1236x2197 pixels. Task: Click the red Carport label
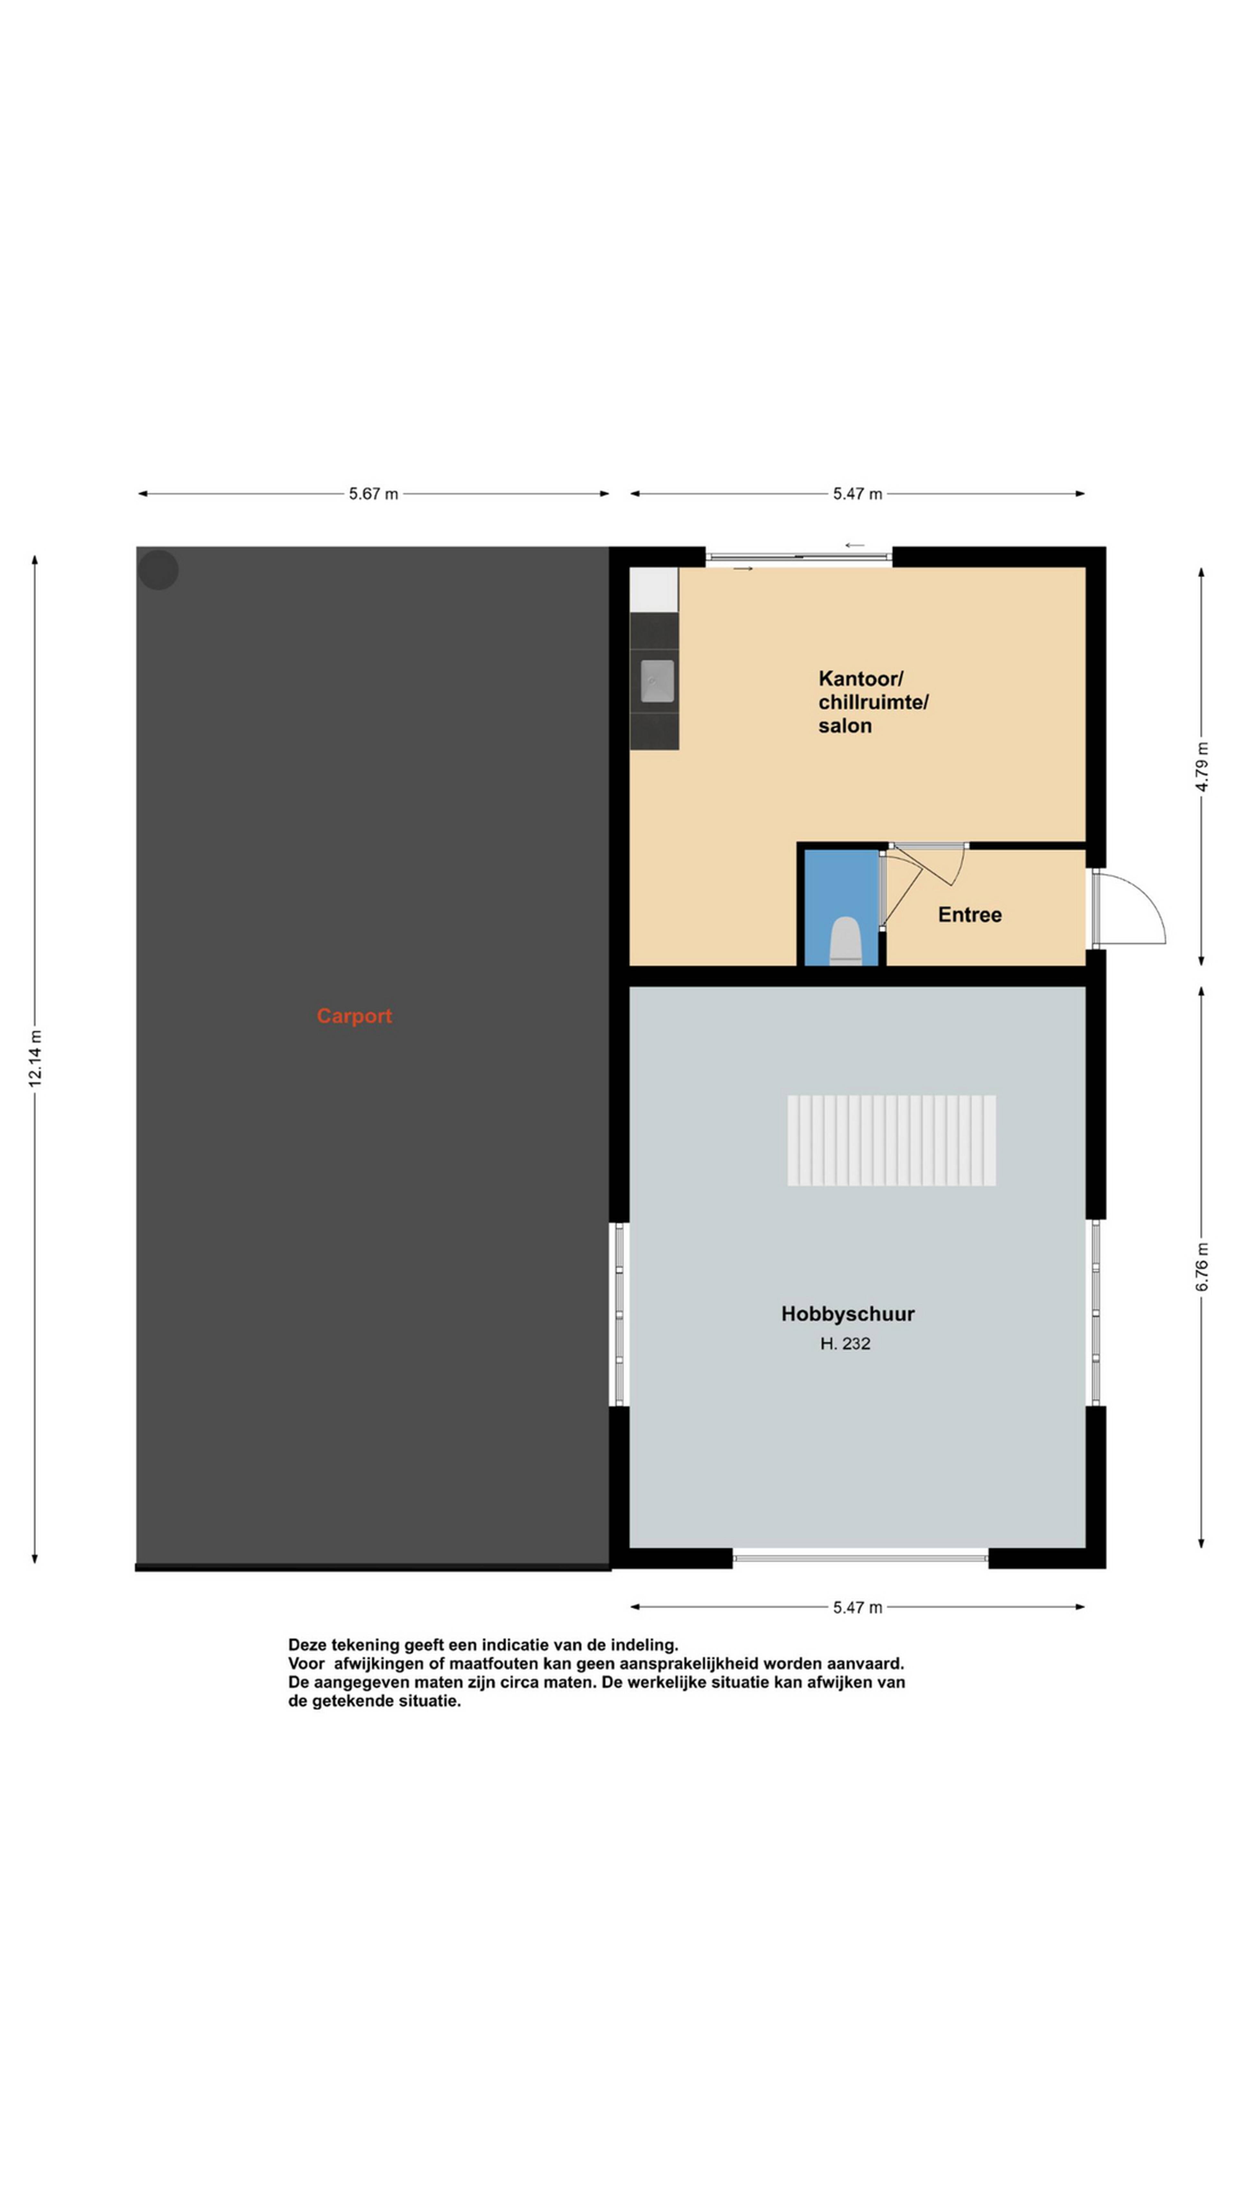(354, 1016)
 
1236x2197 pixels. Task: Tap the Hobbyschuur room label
(848, 1314)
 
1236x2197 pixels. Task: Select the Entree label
(970, 915)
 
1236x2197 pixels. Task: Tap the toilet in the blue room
(846, 941)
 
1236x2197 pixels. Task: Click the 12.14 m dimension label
(35, 1058)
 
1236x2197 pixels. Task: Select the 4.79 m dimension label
(1202, 767)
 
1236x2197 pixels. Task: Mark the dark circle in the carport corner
(159, 570)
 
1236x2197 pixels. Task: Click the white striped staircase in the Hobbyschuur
(891, 1140)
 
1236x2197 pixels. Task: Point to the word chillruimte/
(874, 703)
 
